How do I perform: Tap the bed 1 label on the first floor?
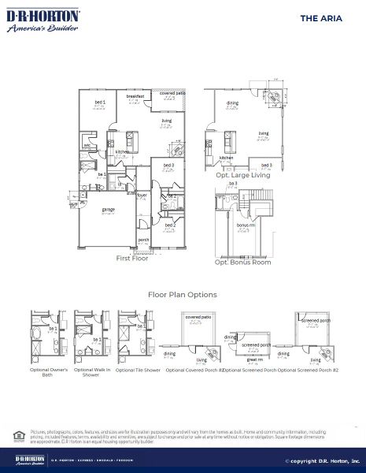point(100,102)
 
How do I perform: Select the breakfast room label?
point(135,96)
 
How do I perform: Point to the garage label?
point(108,210)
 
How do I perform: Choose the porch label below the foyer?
point(143,239)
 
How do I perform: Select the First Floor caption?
point(132,258)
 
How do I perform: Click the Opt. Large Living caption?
point(242,175)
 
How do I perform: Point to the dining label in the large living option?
point(233,103)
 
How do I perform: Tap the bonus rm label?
point(246,225)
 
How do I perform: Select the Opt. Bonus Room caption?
point(243,262)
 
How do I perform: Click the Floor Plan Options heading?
point(183,295)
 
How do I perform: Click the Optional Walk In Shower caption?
point(92,372)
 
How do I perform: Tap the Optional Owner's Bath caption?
point(49,372)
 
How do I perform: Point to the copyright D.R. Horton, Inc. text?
point(322,460)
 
